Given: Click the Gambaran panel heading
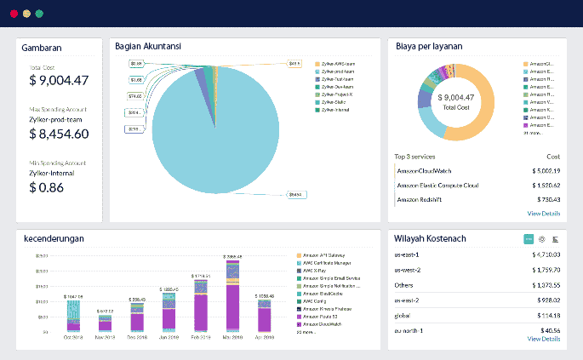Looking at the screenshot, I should click(43, 48).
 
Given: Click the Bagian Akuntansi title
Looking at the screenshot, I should click(148, 47).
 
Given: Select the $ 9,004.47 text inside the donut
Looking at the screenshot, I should click(456, 97).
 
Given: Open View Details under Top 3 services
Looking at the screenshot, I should click(543, 214).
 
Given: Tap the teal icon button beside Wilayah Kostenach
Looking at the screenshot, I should click(528, 239).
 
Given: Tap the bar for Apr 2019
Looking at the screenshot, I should click(264, 315).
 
